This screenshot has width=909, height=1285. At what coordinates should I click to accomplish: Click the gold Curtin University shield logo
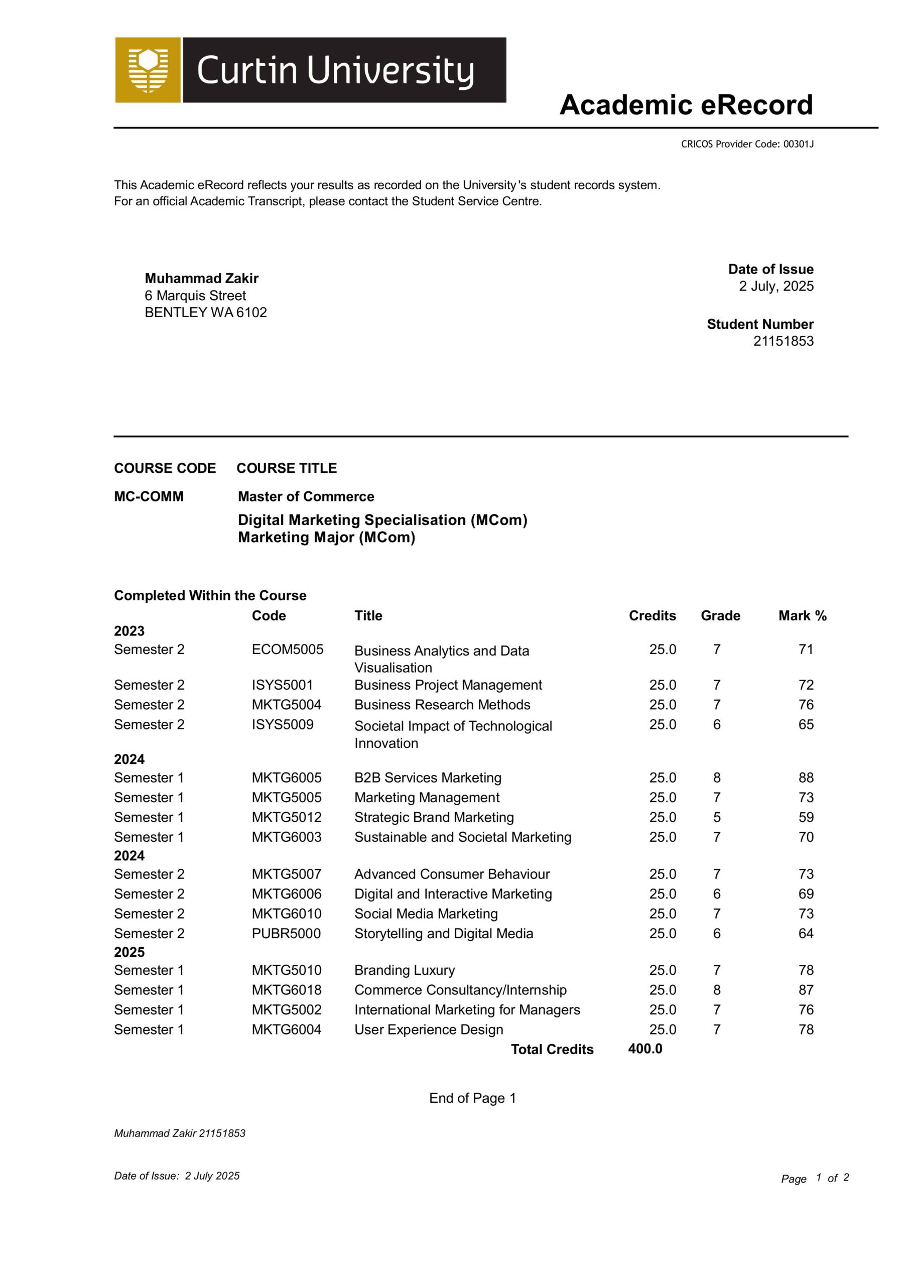click(x=148, y=70)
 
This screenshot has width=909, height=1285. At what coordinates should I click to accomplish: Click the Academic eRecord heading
click(x=686, y=105)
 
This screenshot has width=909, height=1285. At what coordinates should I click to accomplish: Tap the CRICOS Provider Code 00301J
click(x=747, y=144)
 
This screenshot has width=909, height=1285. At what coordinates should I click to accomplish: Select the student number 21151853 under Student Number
click(x=783, y=341)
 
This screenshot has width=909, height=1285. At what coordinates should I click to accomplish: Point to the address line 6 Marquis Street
click(x=195, y=296)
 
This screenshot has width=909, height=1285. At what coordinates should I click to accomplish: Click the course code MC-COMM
click(x=149, y=496)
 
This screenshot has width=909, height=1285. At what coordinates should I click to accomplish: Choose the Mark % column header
click(x=802, y=615)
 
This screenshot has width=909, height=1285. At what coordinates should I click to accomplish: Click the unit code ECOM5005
click(x=287, y=649)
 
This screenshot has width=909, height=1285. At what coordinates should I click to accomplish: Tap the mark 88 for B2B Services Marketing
click(x=806, y=778)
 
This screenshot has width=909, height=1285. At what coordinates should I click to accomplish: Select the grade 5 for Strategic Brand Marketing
click(x=716, y=817)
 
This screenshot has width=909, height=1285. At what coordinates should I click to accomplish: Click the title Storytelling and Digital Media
click(x=443, y=934)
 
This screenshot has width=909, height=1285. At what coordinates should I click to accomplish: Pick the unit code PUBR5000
click(x=286, y=934)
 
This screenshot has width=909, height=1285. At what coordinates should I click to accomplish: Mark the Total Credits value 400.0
click(x=645, y=1049)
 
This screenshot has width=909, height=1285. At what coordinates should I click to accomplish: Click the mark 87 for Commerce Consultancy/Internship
click(x=806, y=990)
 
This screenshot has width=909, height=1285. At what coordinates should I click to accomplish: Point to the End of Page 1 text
click(x=472, y=1098)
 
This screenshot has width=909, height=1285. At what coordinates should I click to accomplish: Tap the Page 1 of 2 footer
click(x=815, y=1178)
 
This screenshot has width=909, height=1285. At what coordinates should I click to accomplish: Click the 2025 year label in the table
click(x=129, y=952)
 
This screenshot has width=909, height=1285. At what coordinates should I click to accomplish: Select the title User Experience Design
click(x=428, y=1030)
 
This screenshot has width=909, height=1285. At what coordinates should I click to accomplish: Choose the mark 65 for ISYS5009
click(x=806, y=724)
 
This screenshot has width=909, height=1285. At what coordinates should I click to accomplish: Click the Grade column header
click(x=720, y=615)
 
